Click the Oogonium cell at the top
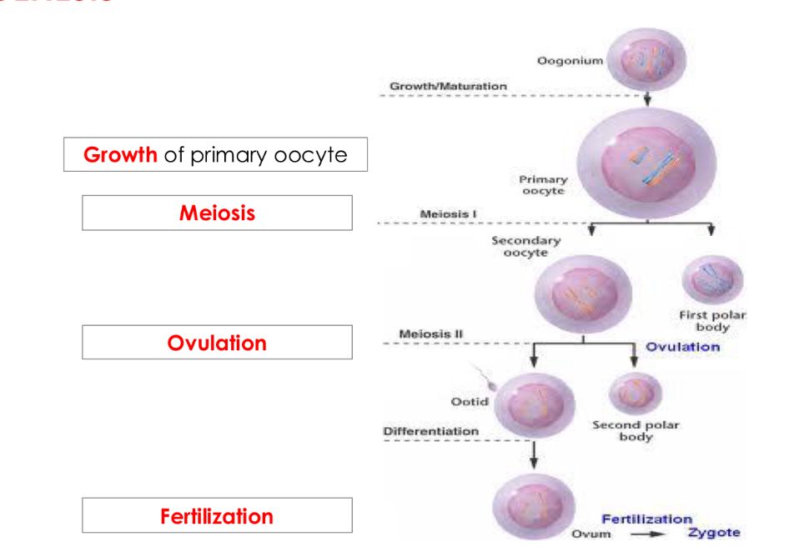pyautogui.click(x=647, y=59)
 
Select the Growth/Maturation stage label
pyautogui.click(x=448, y=86)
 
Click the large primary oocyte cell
pyautogui.click(x=646, y=165)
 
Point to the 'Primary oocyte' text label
pyautogui.click(x=542, y=185)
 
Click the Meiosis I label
pyautogui.click(x=449, y=214)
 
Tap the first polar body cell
pyautogui.click(x=711, y=281)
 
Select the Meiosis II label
pyautogui.click(x=431, y=334)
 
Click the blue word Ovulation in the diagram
pyautogui.click(x=682, y=347)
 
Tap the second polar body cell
pyautogui.click(x=636, y=393)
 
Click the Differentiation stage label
pyautogui.click(x=430, y=431)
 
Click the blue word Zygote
pyautogui.click(x=714, y=533)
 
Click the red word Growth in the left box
pyautogui.click(x=120, y=155)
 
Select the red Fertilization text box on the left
pyautogui.click(x=217, y=516)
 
